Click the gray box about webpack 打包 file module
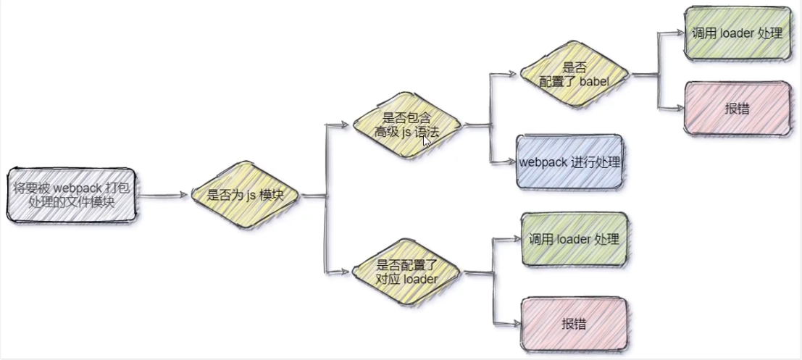tap(72, 195)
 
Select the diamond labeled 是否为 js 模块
tap(245, 195)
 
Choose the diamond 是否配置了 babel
tap(574, 75)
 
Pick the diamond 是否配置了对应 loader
tap(406, 272)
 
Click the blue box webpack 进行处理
tap(569, 162)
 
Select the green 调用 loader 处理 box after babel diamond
tap(736, 34)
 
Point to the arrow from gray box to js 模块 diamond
tap(163, 195)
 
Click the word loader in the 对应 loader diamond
tap(420, 278)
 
